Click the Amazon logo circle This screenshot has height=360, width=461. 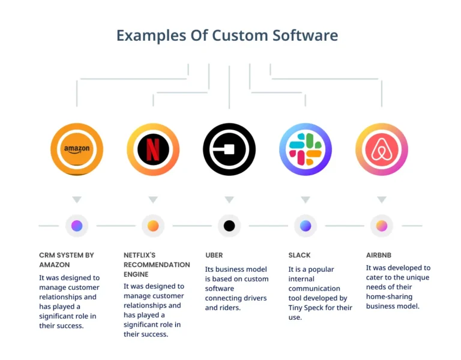77,149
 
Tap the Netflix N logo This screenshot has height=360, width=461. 153,149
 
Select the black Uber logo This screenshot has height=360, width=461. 229,149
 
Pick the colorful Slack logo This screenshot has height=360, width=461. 306,149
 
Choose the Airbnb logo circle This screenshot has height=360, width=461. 382,149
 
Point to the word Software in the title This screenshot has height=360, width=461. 306,35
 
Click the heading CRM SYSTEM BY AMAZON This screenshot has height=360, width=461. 67,259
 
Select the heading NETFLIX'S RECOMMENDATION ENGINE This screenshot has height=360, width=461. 157,264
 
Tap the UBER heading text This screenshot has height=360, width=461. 214,255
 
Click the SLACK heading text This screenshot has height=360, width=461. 300,255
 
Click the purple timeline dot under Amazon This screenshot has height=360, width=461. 77,226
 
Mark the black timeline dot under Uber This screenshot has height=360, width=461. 229,226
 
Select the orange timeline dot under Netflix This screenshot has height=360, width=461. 153,226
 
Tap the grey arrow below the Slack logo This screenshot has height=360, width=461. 306,200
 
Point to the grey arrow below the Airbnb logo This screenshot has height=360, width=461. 382,200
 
